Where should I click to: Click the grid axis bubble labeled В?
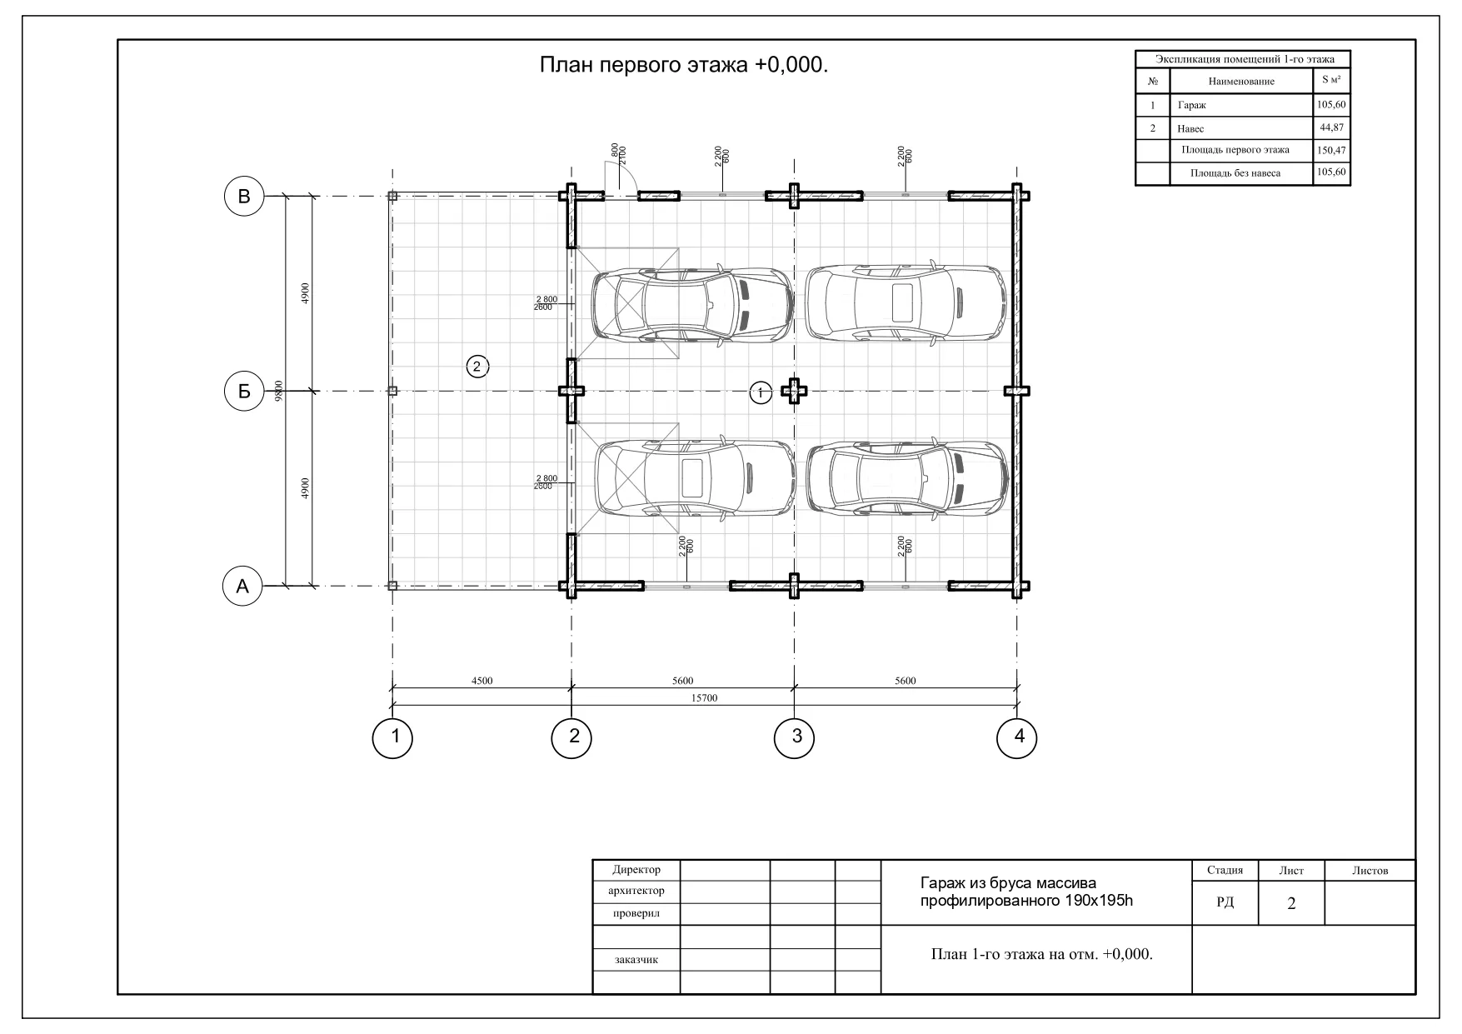(244, 197)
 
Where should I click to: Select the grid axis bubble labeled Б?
(244, 391)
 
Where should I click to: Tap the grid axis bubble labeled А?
(242, 587)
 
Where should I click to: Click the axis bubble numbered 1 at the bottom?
(392, 737)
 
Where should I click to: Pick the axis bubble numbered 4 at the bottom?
(1017, 737)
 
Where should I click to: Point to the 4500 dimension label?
(482, 681)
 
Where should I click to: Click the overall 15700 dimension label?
(705, 698)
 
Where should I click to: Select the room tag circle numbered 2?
(477, 366)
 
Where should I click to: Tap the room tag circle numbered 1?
(761, 392)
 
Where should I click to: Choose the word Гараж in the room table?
(1191, 106)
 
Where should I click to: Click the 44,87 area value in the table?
(1332, 127)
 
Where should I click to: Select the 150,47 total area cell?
(1332, 151)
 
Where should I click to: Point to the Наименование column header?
(1241, 82)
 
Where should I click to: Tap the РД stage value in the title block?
(1225, 902)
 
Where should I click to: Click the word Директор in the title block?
(636, 870)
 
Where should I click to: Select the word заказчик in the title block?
(636, 960)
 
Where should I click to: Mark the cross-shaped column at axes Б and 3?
(795, 391)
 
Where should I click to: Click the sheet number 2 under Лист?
(1291, 903)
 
